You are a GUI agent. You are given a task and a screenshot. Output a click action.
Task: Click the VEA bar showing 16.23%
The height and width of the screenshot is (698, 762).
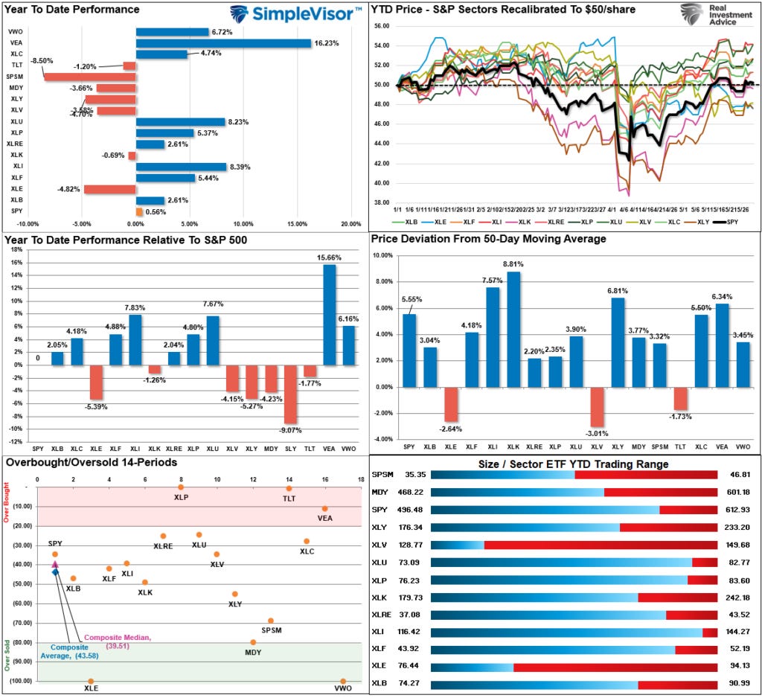[x=223, y=43]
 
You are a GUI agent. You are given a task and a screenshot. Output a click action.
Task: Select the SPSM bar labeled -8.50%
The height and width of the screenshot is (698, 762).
[x=89, y=76]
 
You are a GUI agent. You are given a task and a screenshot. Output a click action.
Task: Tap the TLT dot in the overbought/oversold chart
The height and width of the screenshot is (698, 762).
[x=289, y=488]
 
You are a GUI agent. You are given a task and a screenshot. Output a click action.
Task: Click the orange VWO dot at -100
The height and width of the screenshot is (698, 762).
[x=343, y=681]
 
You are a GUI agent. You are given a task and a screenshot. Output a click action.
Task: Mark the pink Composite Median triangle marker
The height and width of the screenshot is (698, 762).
[x=54, y=565]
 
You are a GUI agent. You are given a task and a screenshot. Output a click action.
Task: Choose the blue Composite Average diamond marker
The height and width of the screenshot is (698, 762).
[x=55, y=571]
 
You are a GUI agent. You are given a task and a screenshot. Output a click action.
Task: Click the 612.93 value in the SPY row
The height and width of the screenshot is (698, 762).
[x=735, y=510]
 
